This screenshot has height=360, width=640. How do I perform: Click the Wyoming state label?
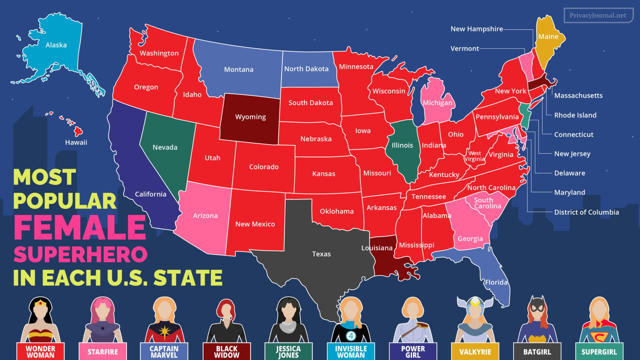pyautogui.click(x=250, y=117)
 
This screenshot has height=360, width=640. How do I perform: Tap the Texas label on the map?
pyautogui.click(x=321, y=254)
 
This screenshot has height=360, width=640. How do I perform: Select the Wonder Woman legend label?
pyautogui.click(x=40, y=352)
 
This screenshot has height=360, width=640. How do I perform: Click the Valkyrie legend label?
pyautogui.click(x=475, y=352)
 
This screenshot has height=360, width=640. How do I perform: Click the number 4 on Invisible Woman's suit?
pyautogui.click(x=351, y=336)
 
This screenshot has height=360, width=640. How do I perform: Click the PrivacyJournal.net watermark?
pyautogui.click(x=598, y=15)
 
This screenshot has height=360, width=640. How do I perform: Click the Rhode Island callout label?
pyautogui.click(x=575, y=115)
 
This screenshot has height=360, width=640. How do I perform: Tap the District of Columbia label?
pyautogui.click(x=586, y=212)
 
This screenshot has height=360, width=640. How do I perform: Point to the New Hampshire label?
pyautogui.click(x=476, y=29)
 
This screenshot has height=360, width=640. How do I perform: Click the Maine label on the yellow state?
pyautogui.click(x=548, y=36)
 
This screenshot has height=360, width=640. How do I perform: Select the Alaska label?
pyautogui.click(x=56, y=45)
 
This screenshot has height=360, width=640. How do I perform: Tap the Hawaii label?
pyautogui.click(x=76, y=142)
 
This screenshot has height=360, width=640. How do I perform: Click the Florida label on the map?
pyautogui.click(x=496, y=282)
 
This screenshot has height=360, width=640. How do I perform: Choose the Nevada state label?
pyautogui.click(x=165, y=147)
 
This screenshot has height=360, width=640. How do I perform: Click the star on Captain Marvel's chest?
pyautogui.click(x=164, y=332)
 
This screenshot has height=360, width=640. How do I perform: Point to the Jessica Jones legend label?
pyautogui.click(x=288, y=352)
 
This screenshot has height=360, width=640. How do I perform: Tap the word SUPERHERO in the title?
pyautogui.click(x=80, y=254)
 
